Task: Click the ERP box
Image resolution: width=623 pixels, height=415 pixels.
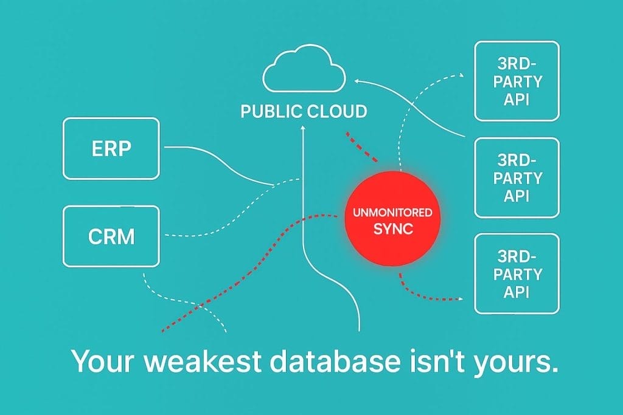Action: [x=111, y=148]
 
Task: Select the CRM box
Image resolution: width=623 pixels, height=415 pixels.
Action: [x=111, y=236]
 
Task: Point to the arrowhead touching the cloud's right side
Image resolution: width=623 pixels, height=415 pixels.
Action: [x=356, y=80]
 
